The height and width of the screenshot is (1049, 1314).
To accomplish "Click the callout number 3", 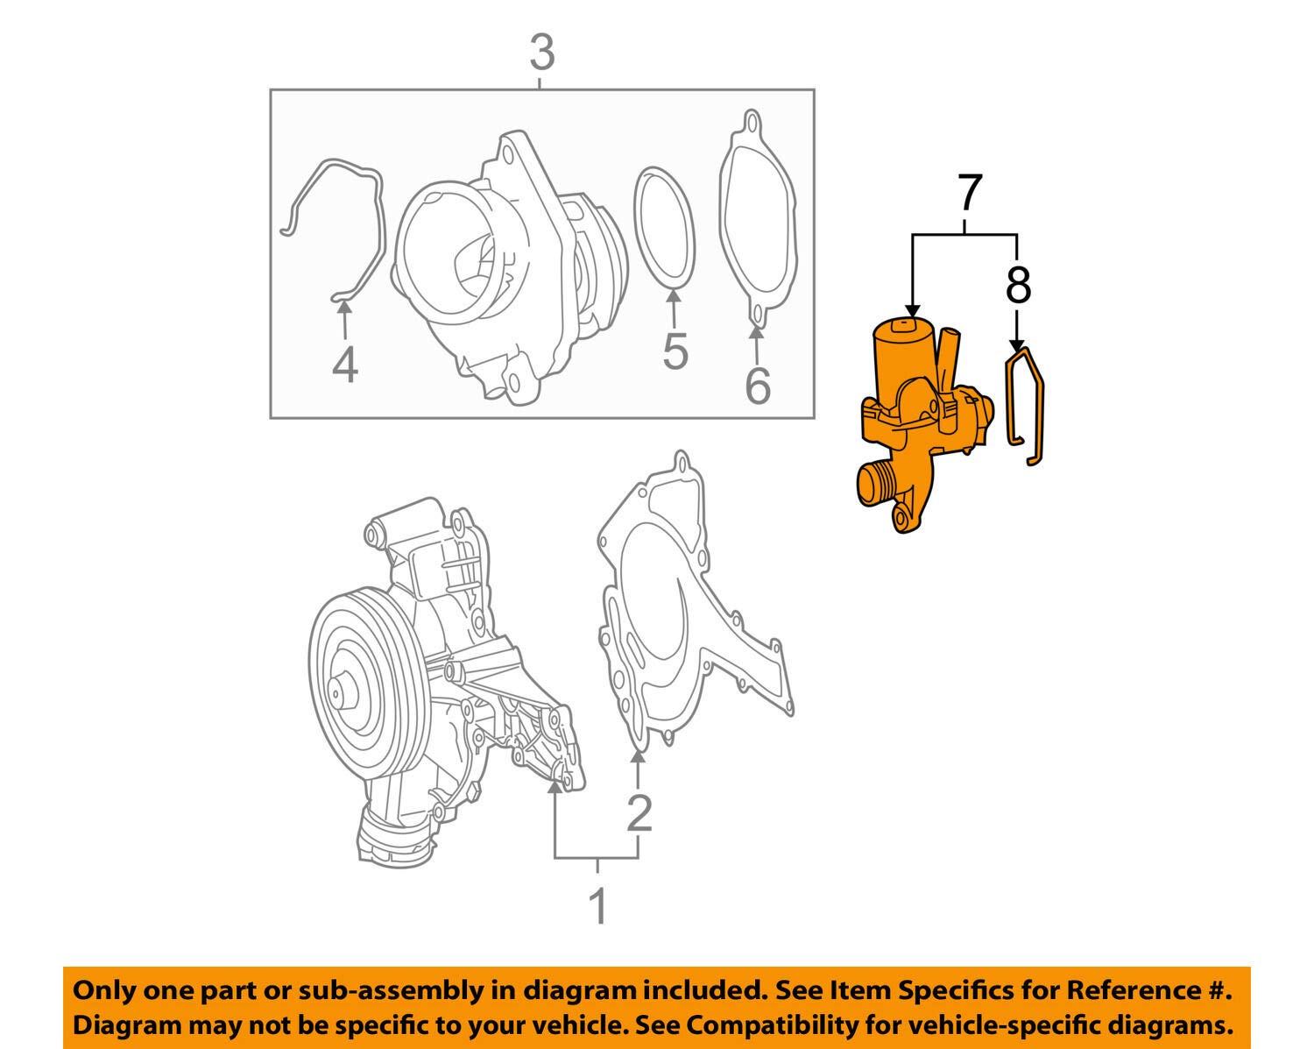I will click(x=542, y=53).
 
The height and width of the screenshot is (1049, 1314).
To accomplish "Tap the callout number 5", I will click(x=675, y=351).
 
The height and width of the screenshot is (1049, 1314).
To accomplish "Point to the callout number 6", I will click(x=758, y=386).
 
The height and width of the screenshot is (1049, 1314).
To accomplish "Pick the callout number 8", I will click(x=1018, y=285).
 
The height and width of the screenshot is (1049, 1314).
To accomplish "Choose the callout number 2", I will click(x=639, y=813).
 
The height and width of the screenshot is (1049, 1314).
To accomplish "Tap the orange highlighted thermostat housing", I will click(x=915, y=412).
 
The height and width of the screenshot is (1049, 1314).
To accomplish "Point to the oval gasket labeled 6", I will click(x=758, y=219).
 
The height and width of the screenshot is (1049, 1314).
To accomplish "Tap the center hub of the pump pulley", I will click(x=338, y=693).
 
